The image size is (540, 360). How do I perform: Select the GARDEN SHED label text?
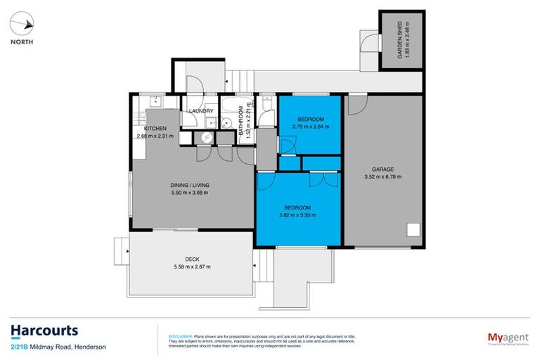[399, 41]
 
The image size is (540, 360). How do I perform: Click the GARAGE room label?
[382, 169]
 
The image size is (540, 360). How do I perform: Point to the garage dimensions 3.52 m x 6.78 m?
[382, 176]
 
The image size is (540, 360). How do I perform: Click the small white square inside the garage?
[412, 229]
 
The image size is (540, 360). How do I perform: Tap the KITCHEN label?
[155, 128]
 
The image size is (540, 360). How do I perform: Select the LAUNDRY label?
[200, 111]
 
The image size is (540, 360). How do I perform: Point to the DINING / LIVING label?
[190, 186]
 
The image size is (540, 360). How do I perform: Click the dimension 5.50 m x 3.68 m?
[190, 193]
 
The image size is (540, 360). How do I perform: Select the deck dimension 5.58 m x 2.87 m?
[191, 266]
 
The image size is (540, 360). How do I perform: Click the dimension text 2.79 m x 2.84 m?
[310, 126]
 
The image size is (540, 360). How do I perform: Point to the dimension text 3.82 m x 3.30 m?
[298, 215]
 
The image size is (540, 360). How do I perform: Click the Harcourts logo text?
[44, 330]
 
